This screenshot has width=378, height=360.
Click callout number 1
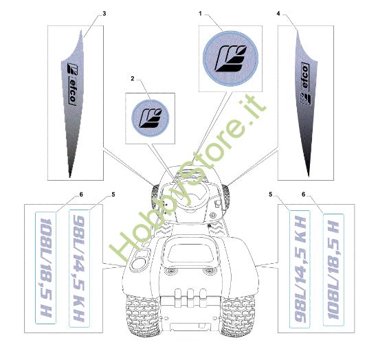tap(200, 14)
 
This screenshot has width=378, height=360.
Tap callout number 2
tap(133, 78)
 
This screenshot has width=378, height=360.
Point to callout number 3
tap(104, 14)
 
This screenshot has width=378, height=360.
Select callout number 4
tap(278, 14)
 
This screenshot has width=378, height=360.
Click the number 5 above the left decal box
tap(113, 194)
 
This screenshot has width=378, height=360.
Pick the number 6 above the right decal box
tap(303, 194)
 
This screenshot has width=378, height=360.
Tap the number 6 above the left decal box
tap(81, 194)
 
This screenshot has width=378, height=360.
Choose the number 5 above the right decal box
tap(271, 194)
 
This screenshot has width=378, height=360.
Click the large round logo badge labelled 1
tap(230, 58)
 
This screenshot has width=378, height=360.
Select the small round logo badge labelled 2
tap(151, 118)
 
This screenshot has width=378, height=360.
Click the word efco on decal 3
tap(72, 91)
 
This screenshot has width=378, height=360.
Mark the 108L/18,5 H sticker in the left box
tap(46, 268)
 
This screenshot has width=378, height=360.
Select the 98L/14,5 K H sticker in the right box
tap(300, 269)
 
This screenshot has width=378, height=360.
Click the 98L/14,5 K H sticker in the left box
tap(79, 269)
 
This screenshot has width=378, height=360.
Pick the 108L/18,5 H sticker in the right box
tap(333, 269)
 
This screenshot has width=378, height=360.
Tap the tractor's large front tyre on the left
tap(142, 315)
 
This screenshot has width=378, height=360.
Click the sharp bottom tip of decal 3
tap(70, 177)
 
